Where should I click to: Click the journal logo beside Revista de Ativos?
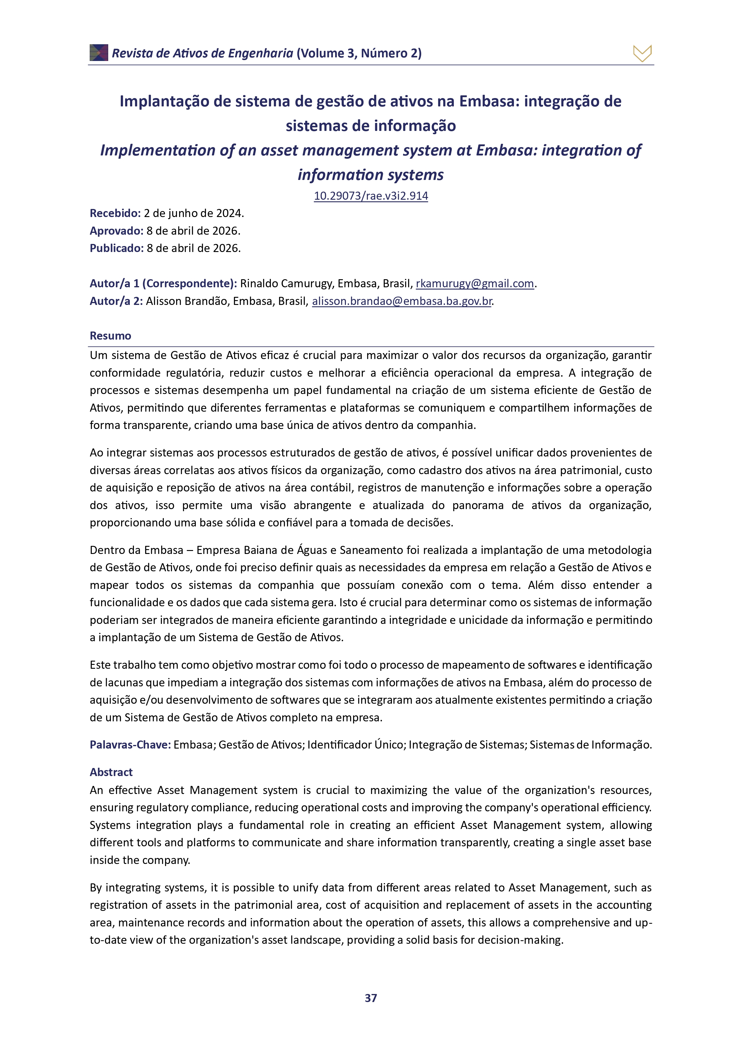click(x=99, y=53)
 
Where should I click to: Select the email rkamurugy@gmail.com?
click(x=475, y=284)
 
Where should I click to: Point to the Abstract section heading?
click(x=111, y=772)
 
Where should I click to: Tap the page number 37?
click(x=370, y=998)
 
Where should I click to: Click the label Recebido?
click(x=115, y=213)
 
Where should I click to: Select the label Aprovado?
click(x=117, y=231)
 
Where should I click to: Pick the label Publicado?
click(x=117, y=248)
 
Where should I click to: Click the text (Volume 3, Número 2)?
click(x=359, y=54)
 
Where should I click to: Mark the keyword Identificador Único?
click(x=356, y=745)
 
